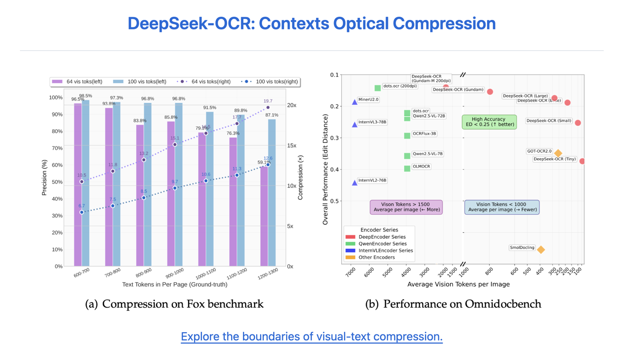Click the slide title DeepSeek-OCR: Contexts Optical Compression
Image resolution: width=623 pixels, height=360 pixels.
[311, 23]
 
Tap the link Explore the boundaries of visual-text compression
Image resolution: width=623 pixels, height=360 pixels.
[311, 337]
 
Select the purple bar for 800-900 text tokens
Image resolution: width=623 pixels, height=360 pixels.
[140, 195]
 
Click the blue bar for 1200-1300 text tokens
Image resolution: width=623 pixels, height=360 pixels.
[272, 193]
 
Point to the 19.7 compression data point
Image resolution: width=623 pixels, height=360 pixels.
[268, 107]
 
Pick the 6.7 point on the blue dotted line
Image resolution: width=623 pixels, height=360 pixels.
[82, 212]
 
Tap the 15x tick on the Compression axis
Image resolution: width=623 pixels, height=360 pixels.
[292, 146]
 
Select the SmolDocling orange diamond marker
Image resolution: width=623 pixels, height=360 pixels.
[540, 249]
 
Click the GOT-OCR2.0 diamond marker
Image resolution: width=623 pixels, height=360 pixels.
[558, 153]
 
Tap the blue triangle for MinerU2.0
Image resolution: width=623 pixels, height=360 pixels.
[355, 102]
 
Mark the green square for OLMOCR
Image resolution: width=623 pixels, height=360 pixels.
[407, 168]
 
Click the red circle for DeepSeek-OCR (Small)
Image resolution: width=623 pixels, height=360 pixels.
[578, 123]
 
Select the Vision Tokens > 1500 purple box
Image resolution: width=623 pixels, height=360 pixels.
[406, 207]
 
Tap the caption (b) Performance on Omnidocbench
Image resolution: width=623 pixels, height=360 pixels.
[453, 304]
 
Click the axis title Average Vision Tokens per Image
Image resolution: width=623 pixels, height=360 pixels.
[458, 284]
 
